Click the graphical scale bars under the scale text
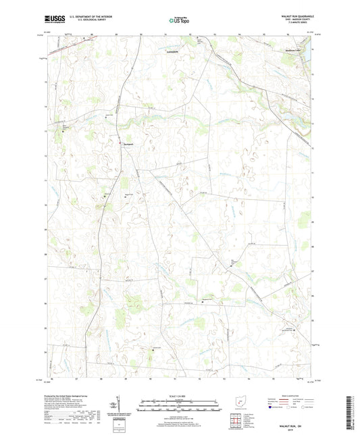[x=180, y=405]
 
